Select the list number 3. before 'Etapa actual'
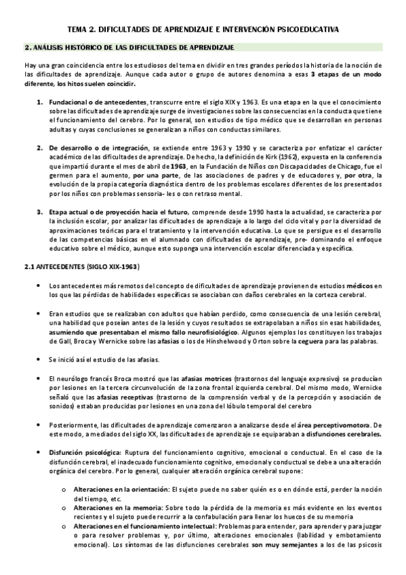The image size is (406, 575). (x=40, y=211)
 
